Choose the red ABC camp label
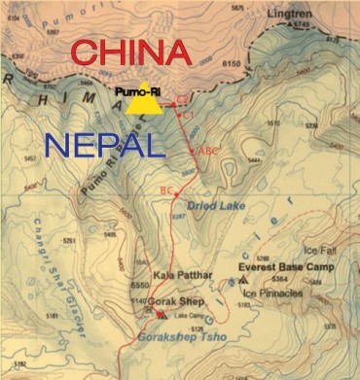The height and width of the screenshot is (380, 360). [208, 152]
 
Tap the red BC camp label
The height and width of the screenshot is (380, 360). [166, 190]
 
